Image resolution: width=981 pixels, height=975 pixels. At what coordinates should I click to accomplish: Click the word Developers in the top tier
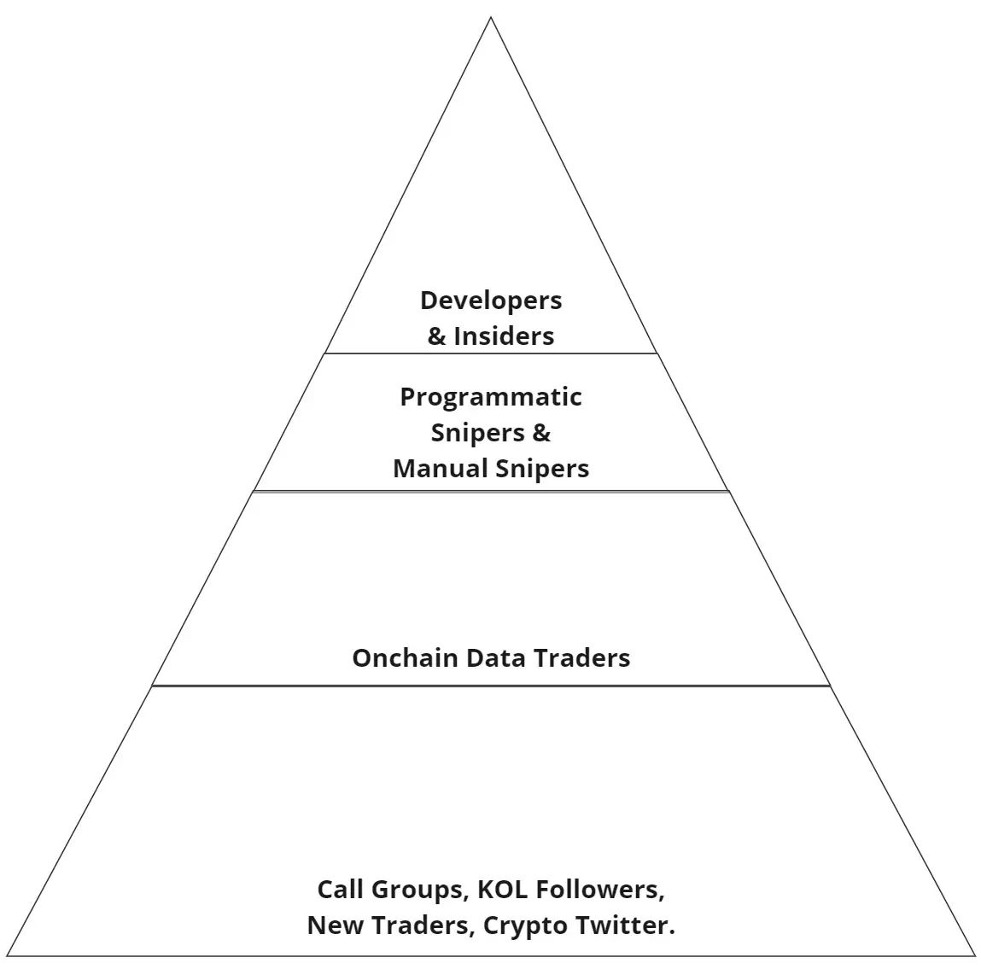[x=491, y=301]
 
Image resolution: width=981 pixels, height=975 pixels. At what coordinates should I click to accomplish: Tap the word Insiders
[x=504, y=336]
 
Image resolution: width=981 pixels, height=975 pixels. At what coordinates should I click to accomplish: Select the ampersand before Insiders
[x=436, y=336]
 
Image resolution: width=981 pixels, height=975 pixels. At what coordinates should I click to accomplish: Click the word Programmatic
[x=491, y=397]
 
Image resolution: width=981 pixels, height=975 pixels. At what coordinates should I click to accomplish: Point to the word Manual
[x=429, y=469]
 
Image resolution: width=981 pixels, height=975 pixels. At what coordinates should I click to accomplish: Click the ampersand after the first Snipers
[x=541, y=433]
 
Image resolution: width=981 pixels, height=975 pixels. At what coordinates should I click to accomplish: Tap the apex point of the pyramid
[x=491, y=18]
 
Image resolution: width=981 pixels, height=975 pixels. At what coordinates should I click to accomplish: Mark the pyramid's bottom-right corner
[x=974, y=955]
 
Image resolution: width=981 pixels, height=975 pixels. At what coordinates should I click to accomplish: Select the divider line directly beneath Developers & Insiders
[x=491, y=353]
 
